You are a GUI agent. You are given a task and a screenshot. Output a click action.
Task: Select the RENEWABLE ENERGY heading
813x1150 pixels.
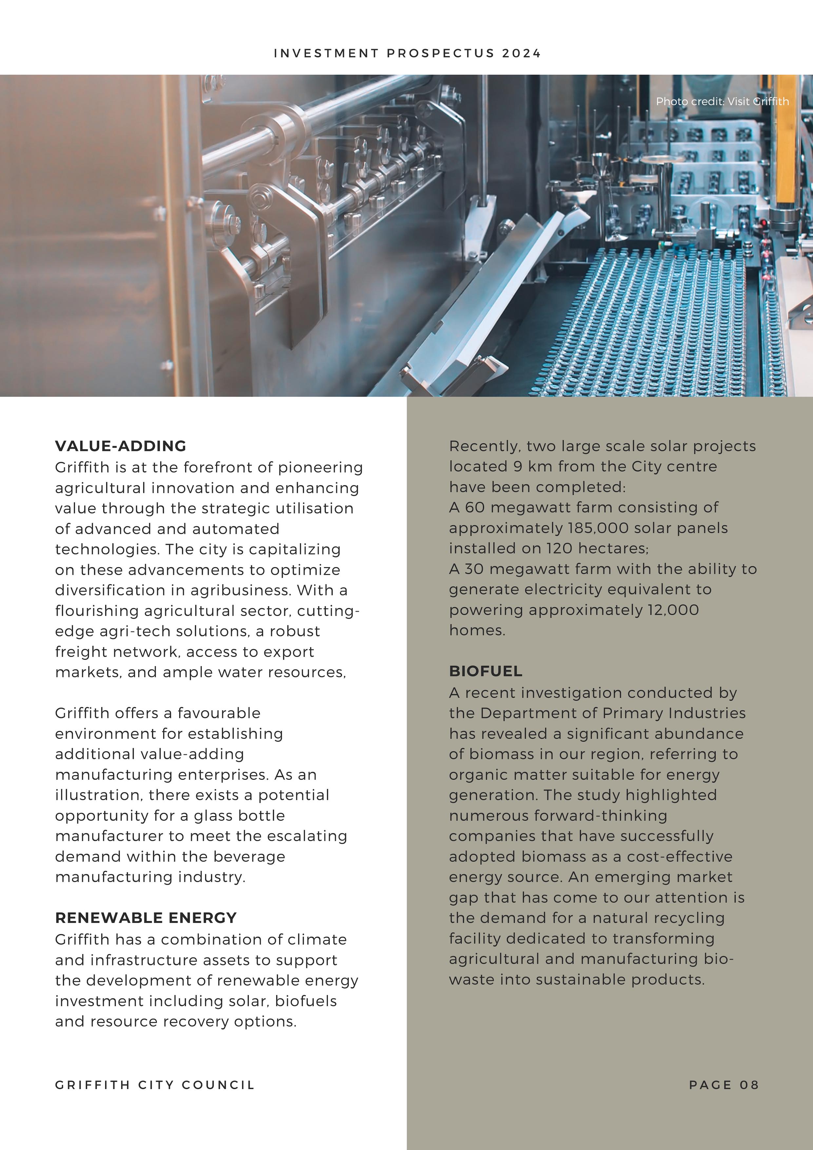coord(146,918)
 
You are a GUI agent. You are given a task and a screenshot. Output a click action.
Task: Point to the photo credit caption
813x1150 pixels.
coord(722,102)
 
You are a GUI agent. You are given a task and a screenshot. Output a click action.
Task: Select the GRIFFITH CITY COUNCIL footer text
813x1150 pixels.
coord(155,1085)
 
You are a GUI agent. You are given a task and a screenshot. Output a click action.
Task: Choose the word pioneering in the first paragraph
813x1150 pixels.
coord(320,467)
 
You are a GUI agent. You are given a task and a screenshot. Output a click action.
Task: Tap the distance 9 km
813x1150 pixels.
coord(526,466)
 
